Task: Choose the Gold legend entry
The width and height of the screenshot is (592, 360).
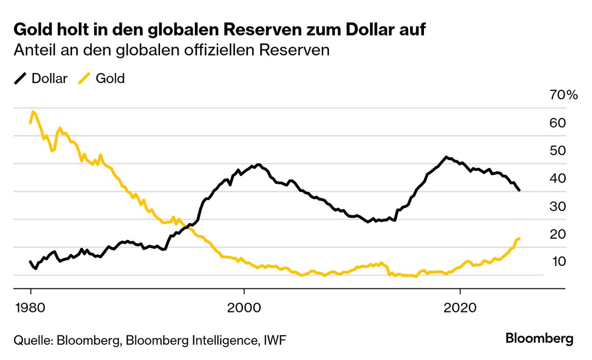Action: pyautogui.click(x=110, y=79)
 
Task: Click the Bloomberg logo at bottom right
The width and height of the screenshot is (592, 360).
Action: pyautogui.click(x=539, y=339)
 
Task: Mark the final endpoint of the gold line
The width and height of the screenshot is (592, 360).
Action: pyautogui.click(x=520, y=239)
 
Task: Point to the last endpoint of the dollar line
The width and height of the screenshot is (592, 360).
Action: pyautogui.click(x=519, y=191)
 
